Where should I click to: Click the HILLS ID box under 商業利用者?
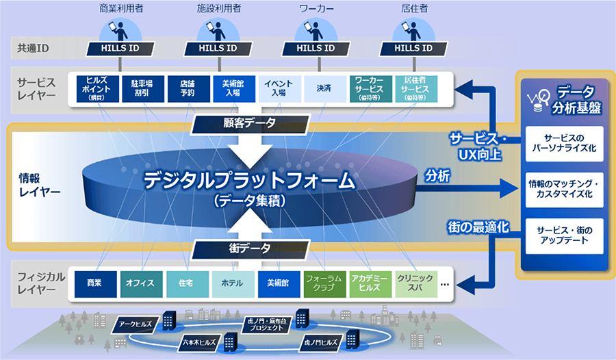point(120,49)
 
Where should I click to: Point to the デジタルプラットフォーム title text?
point(249,181)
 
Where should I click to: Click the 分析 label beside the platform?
point(437,175)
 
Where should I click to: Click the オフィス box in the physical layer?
point(140,282)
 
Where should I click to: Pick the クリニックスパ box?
point(415,282)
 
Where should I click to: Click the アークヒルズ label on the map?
point(136,323)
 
